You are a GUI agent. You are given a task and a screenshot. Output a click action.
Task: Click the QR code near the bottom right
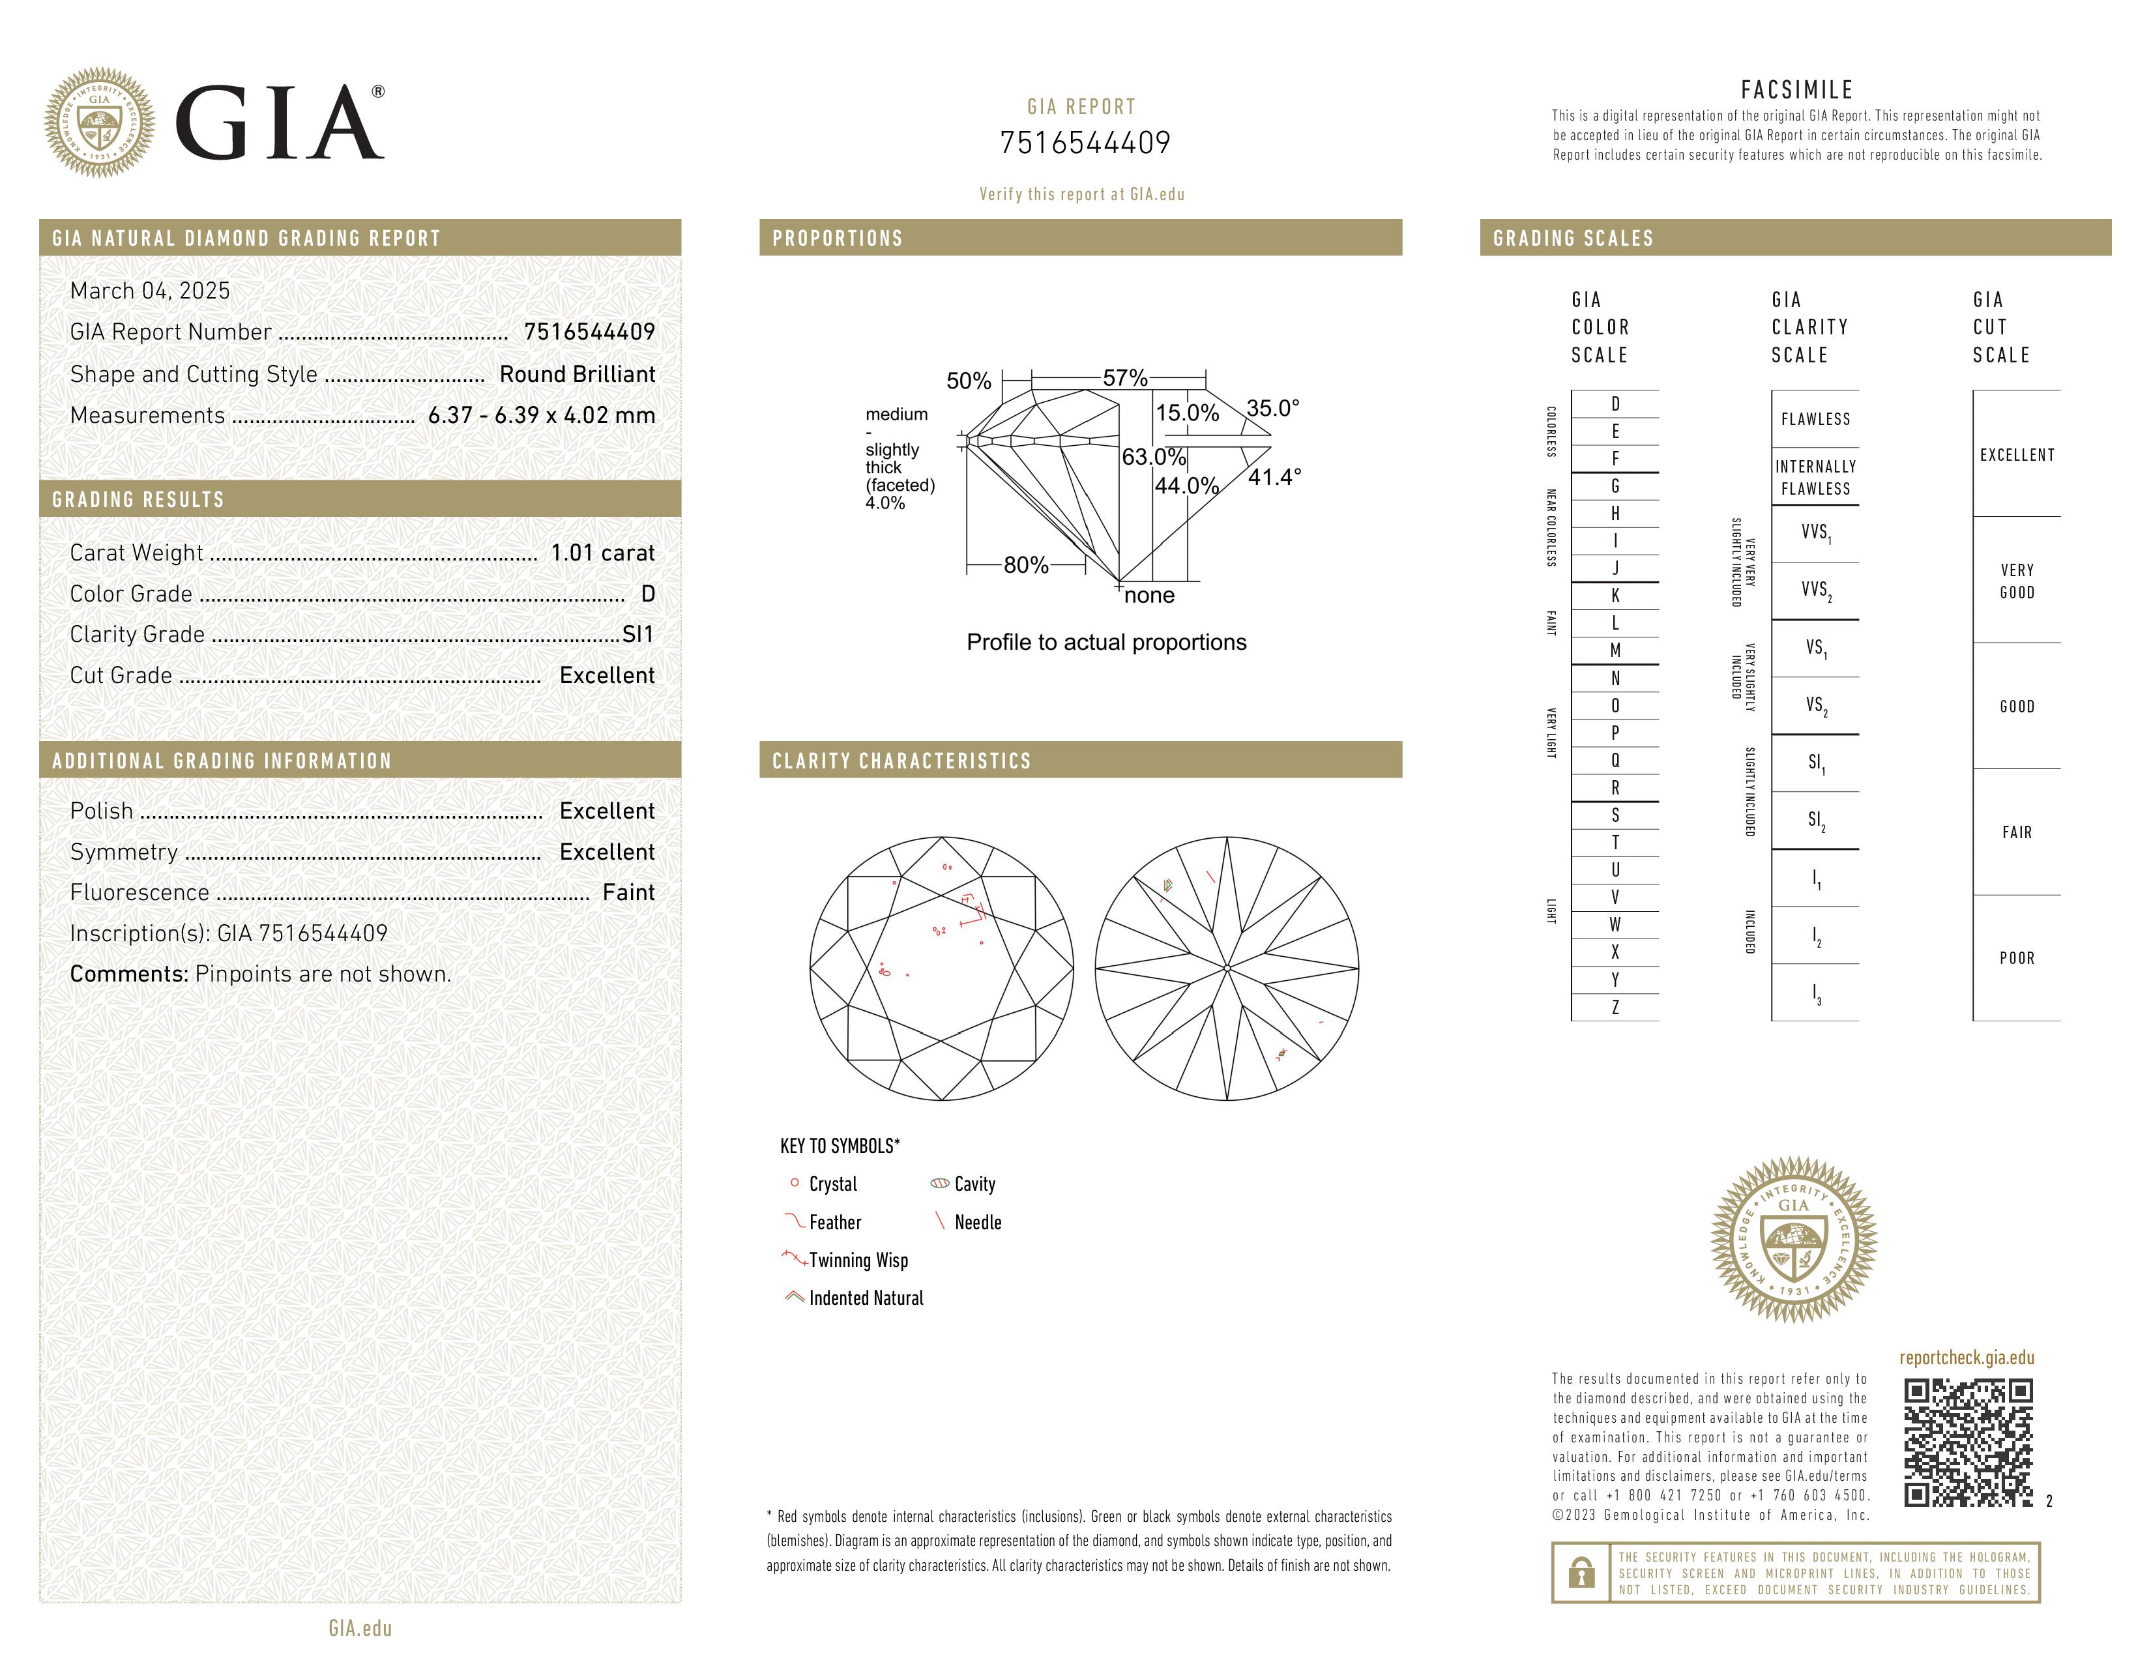point(1967,1442)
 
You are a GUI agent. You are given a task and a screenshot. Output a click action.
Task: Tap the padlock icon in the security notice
point(1581,1573)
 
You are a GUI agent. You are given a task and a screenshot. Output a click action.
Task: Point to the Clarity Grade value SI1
point(637,635)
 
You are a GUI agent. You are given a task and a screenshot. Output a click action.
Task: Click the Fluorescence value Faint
point(628,893)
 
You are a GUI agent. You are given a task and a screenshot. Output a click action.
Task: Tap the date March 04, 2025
point(150,291)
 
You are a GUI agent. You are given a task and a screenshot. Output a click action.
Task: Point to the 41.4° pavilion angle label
point(1274,478)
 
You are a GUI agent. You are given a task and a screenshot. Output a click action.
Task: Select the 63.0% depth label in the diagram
point(1153,457)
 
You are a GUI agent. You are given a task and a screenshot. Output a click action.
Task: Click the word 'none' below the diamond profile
point(1149,596)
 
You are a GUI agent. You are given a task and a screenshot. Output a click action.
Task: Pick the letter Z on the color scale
point(1615,1007)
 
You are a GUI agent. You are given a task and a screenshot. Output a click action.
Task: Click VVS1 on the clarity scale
point(1815,532)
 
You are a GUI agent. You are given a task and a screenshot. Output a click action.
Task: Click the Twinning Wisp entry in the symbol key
point(857,1261)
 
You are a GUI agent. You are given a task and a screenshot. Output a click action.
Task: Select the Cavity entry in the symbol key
point(974,1184)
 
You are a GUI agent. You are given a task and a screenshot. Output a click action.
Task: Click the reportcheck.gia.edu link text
point(1966,1358)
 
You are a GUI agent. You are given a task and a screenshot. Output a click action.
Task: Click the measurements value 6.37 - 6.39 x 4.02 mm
point(541,416)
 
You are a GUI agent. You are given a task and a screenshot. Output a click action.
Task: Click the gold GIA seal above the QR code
point(1794,1240)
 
